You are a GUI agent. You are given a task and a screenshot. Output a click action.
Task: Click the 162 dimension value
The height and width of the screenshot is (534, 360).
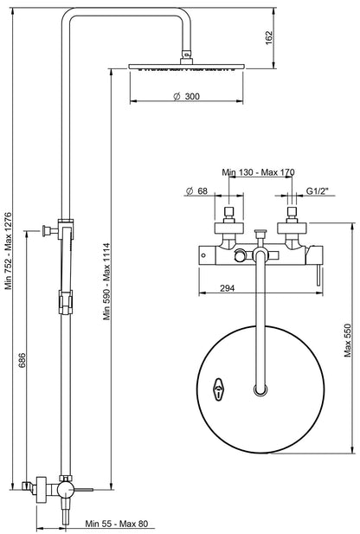point(269,36)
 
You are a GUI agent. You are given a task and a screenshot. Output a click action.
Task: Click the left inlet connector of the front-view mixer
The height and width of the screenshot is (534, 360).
point(230,218)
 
